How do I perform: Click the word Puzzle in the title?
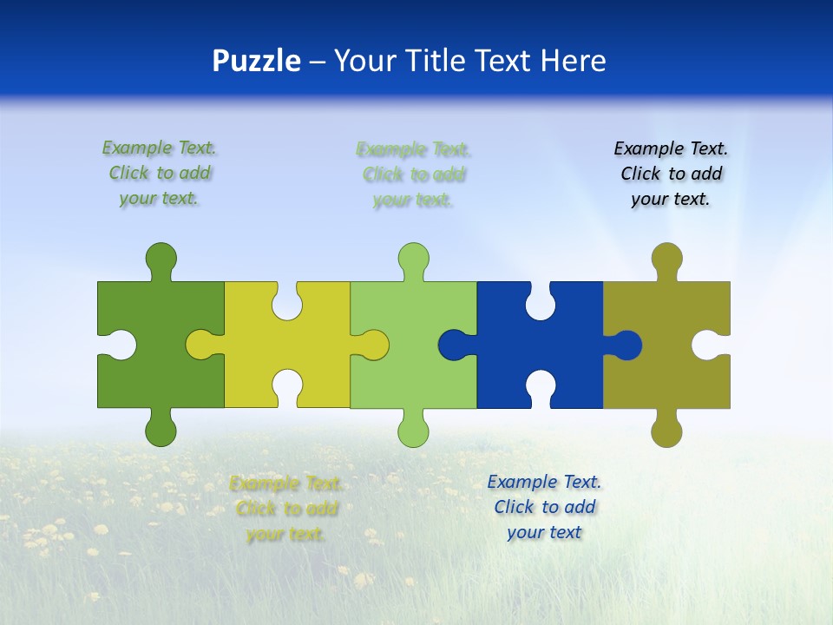click(256, 62)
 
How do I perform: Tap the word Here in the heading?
click(573, 61)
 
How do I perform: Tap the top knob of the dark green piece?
click(161, 259)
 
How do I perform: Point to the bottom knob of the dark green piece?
click(161, 429)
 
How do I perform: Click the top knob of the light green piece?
click(413, 259)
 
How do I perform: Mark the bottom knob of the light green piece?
click(413, 431)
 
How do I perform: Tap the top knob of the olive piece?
click(666, 259)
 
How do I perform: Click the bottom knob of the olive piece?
click(666, 431)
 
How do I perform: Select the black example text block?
click(671, 174)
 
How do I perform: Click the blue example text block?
click(544, 507)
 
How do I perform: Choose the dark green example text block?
click(160, 173)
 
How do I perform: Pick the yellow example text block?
click(286, 509)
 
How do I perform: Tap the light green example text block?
click(413, 174)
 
